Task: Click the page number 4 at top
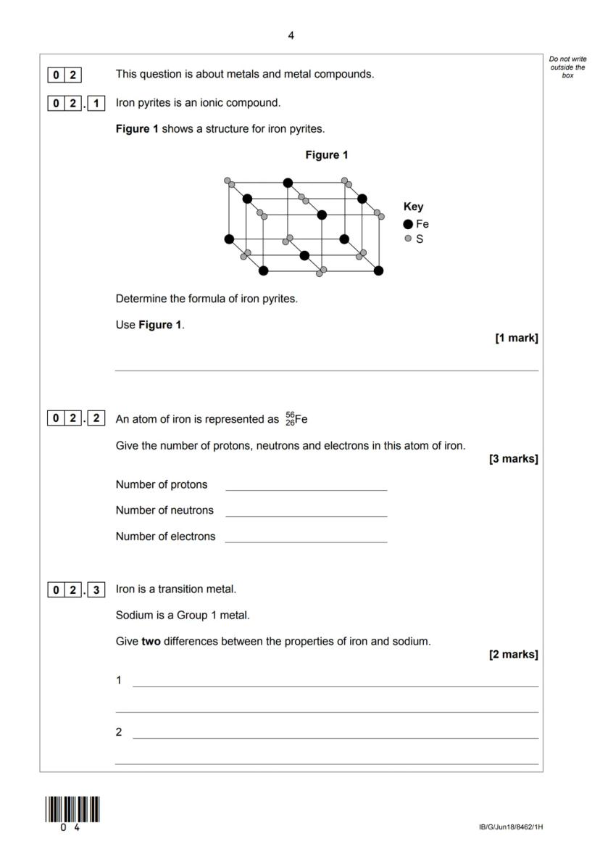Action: point(291,36)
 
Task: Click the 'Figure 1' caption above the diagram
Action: point(327,154)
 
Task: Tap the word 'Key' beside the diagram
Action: point(413,207)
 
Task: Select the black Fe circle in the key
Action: point(409,224)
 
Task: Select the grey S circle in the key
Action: point(409,238)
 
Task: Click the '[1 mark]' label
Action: point(516,338)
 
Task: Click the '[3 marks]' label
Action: point(514,459)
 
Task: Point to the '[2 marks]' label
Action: point(514,655)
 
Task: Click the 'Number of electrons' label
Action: point(165,537)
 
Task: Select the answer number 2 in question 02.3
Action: point(119,732)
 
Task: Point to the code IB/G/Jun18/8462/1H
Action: point(510,827)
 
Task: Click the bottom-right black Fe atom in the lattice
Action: point(378,270)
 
